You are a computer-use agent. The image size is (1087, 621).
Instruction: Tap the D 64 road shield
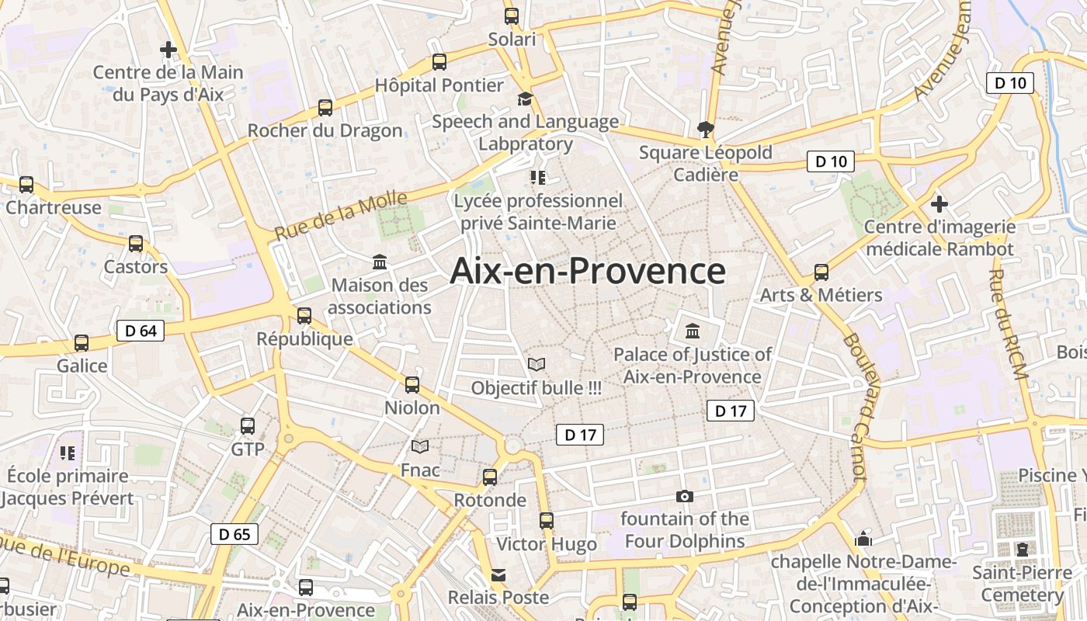click(x=141, y=331)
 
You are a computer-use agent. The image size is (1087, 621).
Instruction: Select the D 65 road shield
click(x=234, y=534)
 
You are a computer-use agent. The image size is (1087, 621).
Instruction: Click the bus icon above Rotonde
click(x=490, y=477)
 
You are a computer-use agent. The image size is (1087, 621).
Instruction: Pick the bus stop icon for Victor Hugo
click(x=547, y=521)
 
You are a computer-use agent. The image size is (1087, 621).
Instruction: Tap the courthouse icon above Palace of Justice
click(x=693, y=331)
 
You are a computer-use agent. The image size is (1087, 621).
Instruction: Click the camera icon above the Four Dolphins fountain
click(x=684, y=496)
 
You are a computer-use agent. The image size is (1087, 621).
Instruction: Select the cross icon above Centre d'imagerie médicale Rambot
click(x=939, y=204)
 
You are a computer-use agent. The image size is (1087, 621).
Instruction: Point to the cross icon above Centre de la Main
click(x=168, y=50)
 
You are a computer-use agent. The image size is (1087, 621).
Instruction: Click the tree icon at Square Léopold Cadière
click(x=705, y=129)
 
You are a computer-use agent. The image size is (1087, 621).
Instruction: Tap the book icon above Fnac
click(x=420, y=446)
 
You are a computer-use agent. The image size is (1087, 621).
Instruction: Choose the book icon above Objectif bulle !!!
click(x=536, y=364)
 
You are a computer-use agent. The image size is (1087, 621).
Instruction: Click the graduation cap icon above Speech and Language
click(x=526, y=99)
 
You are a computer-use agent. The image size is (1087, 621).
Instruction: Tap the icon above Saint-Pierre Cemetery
click(x=1023, y=550)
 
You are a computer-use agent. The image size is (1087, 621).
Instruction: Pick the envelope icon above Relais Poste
click(x=498, y=575)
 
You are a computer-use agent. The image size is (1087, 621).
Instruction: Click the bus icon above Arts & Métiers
click(x=821, y=272)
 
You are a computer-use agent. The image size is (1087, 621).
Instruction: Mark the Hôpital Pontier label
click(x=439, y=85)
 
